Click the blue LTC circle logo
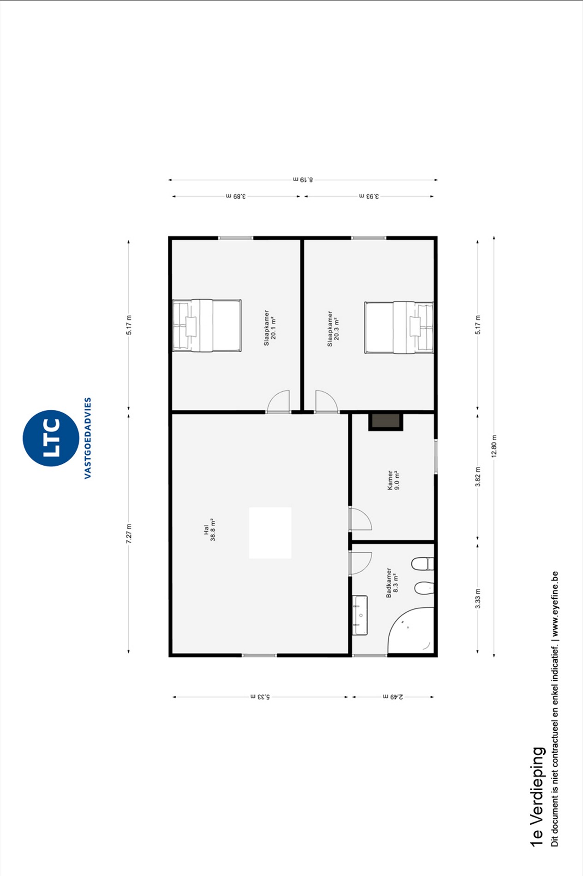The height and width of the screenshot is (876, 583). [51, 438]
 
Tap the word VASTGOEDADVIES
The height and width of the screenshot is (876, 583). [88, 438]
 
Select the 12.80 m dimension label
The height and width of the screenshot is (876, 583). [494, 446]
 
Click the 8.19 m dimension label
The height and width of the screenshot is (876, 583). [303, 179]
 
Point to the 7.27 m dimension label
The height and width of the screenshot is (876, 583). [129, 533]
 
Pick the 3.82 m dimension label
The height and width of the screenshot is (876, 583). [478, 477]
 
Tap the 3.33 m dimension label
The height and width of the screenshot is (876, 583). [478, 598]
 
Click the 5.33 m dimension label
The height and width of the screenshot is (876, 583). [260, 697]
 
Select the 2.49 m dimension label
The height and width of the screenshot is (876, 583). [393, 697]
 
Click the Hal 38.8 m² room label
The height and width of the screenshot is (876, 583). [209, 530]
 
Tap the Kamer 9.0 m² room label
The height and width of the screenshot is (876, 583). [393, 480]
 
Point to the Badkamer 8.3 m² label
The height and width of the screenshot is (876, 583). [392, 583]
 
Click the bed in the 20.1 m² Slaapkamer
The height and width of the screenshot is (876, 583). [207, 326]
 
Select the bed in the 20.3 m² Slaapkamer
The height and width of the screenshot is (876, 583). [399, 327]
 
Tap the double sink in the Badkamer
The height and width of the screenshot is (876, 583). [360, 615]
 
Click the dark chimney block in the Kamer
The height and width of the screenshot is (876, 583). [386, 421]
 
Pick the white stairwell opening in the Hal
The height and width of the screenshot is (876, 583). [270, 533]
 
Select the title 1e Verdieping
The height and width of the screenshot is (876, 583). [537, 796]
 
